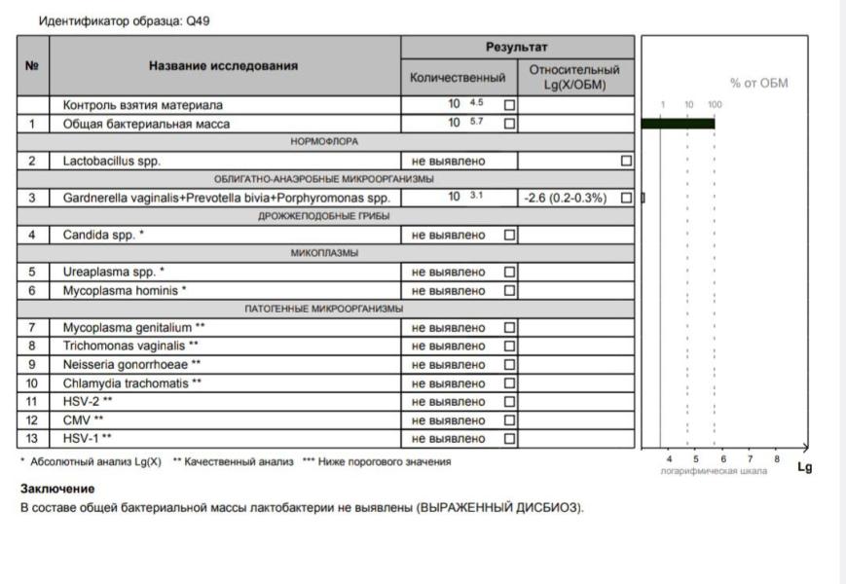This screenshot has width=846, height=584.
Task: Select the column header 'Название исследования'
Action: coord(223,66)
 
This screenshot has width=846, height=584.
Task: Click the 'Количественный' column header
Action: coord(459,77)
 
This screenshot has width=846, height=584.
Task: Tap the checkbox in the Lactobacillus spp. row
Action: coord(626,161)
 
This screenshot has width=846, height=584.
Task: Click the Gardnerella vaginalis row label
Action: coord(226,198)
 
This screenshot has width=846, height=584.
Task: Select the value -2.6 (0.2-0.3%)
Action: coord(564,198)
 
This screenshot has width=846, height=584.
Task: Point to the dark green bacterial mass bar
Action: coord(678,123)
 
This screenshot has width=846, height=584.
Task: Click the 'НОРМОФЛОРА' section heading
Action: coord(324,142)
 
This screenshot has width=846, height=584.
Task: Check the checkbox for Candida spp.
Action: coord(509,235)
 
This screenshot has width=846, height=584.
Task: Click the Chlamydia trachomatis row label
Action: coord(133,383)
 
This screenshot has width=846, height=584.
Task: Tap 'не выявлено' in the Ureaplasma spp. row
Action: coord(449,272)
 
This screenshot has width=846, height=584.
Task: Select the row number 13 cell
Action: coord(32,439)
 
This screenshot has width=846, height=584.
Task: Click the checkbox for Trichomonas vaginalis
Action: coord(509,346)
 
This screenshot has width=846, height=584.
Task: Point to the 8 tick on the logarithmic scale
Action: coord(776,457)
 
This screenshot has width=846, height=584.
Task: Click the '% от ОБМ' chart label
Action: coord(758,84)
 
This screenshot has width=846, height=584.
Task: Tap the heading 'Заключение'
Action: coord(57,489)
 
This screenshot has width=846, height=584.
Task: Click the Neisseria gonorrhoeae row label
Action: coord(131,365)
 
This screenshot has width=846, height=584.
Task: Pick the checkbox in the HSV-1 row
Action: coord(509,439)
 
